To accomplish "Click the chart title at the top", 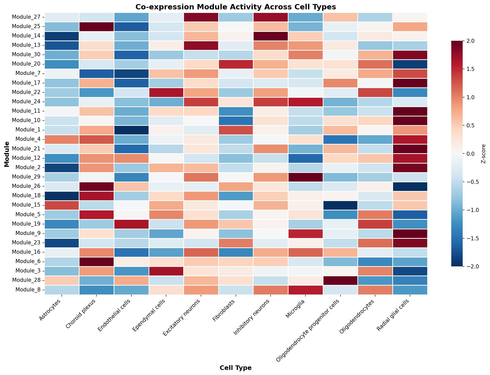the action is tap(236, 7).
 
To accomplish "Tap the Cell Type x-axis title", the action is tap(236, 368).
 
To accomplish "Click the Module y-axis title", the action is tap(7, 154).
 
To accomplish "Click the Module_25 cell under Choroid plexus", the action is tap(96, 27).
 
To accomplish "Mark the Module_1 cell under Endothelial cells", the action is tap(131, 130).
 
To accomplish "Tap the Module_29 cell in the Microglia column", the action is tap(305, 177).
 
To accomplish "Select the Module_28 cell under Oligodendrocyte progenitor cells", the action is tap(340, 280).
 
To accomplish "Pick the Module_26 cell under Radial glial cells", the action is tap(410, 186).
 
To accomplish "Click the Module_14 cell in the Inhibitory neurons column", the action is tap(271, 36).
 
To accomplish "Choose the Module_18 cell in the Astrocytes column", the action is tap(62, 195).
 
